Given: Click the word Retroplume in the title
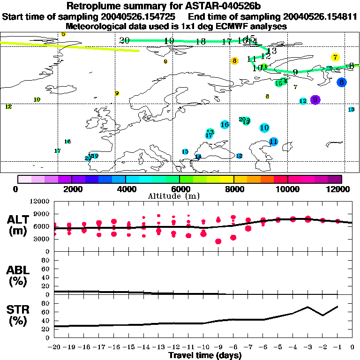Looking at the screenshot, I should [92, 6].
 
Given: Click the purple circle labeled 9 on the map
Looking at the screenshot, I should [315, 99].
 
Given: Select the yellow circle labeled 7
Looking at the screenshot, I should [335, 57].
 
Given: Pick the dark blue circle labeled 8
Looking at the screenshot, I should [342, 82].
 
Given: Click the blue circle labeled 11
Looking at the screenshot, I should [274, 141].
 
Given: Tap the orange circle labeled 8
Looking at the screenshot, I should [234, 60].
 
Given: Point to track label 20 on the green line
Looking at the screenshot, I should [124, 40].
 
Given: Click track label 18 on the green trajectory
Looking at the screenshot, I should [201, 41].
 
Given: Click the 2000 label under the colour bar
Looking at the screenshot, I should [71, 189].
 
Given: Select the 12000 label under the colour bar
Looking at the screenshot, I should [342, 189].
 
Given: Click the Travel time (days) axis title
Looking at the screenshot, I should [205, 356].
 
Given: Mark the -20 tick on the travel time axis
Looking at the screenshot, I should [54, 347].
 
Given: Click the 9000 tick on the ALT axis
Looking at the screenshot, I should [42, 214].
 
